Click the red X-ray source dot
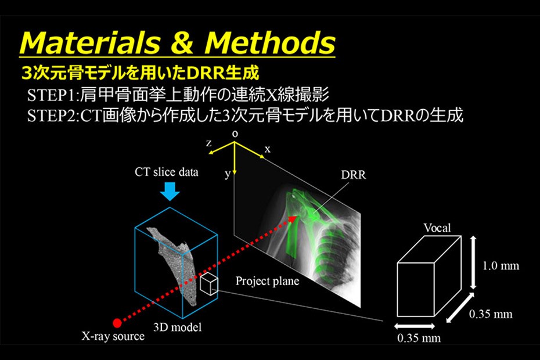[117, 323]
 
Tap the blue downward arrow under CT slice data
[170, 191]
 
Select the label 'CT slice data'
[166, 172]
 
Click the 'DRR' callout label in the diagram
[354, 175]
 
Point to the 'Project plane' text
[267, 281]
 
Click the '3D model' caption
[177, 327]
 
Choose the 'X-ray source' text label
[113, 336]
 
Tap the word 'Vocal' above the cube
[437, 228]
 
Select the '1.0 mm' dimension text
[501, 265]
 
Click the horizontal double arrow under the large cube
[415, 326]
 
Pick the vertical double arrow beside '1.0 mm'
[473, 262]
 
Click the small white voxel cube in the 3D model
[208, 284]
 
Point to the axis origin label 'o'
[235, 134]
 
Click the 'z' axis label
[208, 143]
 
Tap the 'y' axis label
[227, 174]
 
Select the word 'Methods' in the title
[270, 43]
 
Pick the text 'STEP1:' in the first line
[53, 95]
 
